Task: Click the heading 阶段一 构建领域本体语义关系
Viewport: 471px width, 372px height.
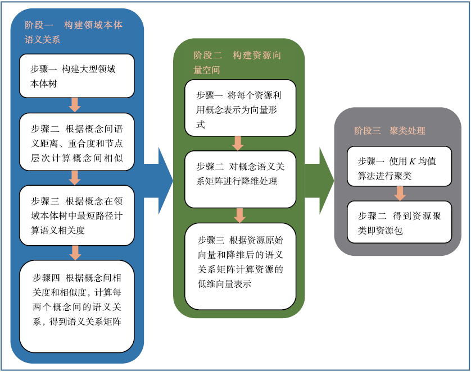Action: tap(74, 32)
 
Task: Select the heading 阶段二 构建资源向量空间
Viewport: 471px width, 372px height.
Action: tap(237, 62)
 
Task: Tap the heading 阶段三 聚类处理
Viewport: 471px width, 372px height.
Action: tap(390, 130)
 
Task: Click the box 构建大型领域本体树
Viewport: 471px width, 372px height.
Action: tap(76, 76)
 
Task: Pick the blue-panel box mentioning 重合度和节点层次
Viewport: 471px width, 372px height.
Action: tap(76, 142)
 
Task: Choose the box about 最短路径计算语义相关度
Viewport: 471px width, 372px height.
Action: tap(76, 215)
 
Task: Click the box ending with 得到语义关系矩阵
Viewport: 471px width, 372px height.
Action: tap(76, 306)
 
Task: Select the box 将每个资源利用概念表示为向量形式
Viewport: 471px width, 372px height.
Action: tap(240, 108)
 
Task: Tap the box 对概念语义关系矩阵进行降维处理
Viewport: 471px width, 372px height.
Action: tap(240, 179)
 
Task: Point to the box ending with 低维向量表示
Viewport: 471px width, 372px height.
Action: tap(240, 266)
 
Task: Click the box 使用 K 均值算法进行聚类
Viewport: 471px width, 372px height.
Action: tap(399, 167)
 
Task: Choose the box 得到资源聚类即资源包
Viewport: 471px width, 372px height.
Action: tap(399, 222)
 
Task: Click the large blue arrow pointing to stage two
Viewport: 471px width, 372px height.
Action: tap(158, 181)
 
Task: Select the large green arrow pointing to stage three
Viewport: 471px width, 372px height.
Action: tap(319, 181)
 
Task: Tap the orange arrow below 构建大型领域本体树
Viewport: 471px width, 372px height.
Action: tap(75, 105)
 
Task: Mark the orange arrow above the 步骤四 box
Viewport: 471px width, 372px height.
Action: tap(75, 252)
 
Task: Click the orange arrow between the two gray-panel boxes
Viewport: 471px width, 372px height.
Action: tap(400, 194)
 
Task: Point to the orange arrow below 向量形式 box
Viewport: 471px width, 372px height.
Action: tap(238, 143)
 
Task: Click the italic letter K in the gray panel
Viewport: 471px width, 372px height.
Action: tap(412, 162)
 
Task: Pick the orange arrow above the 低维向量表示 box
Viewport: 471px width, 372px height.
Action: tap(239, 215)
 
